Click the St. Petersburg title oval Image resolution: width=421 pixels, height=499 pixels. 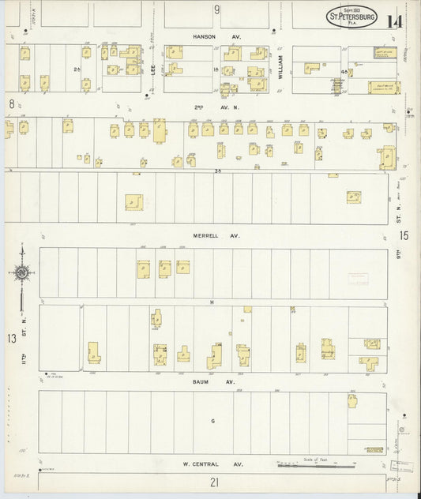tap(351, 17)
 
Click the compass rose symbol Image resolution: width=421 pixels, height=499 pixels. tap(22, 273)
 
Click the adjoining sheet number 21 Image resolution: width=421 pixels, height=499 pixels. tap(213, 482)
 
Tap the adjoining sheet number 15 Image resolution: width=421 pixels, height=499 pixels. tap(404, 235)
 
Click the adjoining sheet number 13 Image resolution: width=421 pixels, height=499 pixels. tap(11, 338)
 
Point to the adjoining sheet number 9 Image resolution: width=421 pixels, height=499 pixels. tap(216, 9)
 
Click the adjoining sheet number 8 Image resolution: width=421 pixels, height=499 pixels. tap(11, 103)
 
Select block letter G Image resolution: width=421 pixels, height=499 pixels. tap(212, 421)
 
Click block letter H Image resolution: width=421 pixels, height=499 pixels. tap(212, 302)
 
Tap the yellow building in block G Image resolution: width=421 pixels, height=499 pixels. tap(352, 400)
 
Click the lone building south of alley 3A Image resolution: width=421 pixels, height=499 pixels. tap(133, 202)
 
